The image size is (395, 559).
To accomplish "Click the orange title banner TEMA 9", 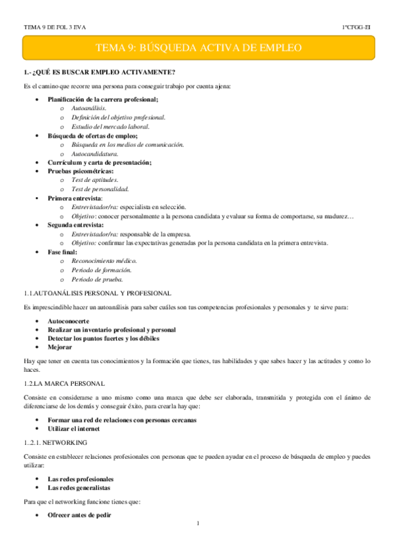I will (x=198, y=48).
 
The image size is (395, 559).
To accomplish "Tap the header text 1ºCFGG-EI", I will (x=355, y=27).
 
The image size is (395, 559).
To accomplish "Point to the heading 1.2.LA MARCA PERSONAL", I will (x=63, y=383).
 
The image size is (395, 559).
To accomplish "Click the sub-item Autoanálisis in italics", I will (x=89, y=107).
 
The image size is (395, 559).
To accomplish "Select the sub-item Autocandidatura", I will (x=95, y=153).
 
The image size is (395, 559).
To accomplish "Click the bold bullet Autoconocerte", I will (x=71, y=320).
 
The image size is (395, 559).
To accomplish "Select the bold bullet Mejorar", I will (x=60, y=347).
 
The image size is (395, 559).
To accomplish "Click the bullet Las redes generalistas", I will (x=80, y=488).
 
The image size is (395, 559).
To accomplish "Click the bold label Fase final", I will (x=63, y=252).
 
